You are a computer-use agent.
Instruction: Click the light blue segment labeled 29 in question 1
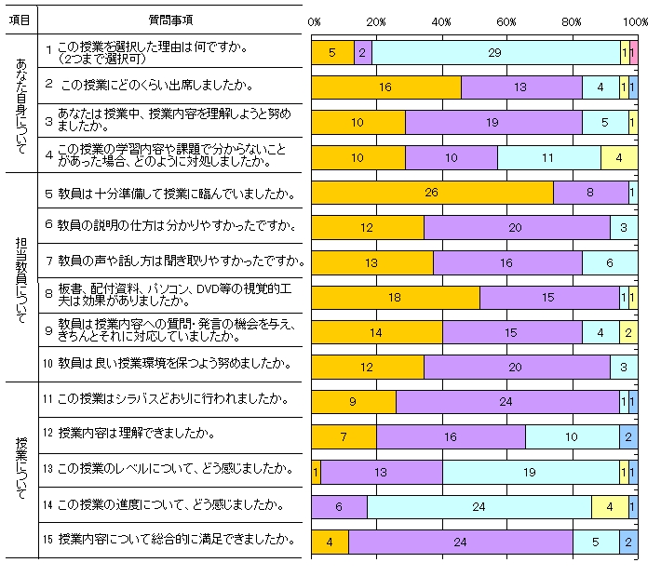pos(494,54)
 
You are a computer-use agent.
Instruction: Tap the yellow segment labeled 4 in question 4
pos(618,157)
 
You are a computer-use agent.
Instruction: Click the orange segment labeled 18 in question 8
pos(395,298)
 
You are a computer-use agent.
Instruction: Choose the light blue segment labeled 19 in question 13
pos(530,472)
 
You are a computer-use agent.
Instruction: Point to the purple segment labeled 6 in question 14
pos(339,507)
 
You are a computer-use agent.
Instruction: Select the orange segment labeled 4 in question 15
pos(330,543)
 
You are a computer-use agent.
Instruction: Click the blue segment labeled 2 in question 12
pos(628,436)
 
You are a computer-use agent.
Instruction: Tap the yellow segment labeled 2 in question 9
pos(628,332)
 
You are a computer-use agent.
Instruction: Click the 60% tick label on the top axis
pos(506,20)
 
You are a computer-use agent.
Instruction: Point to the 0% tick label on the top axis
pos(314,20)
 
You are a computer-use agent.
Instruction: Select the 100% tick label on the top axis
pos(637,20)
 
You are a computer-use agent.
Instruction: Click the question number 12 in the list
pos(48,434)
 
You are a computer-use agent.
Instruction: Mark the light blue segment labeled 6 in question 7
pos(609,263)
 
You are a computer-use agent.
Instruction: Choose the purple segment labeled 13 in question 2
pos(521,87)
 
